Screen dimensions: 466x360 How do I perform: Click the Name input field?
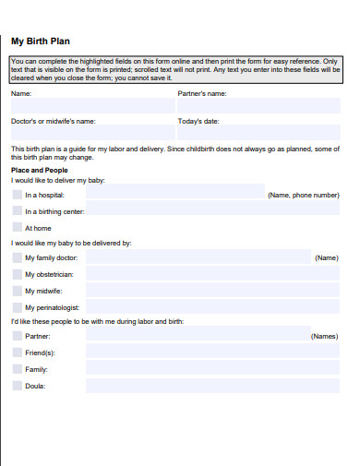click(x=90, y=106)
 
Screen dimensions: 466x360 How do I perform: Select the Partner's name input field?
click(x=259, y=106)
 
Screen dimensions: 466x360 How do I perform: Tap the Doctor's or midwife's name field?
click(x=90, y=134)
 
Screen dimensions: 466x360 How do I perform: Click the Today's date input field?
click(x=259, y=134)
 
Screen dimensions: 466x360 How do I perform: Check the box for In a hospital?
click(x=17, y=195)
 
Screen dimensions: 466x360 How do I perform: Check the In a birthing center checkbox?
click(x=17, y=210)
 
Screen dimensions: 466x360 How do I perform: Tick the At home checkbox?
click(x=17, y=227)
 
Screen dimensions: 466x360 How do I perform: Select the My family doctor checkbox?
click(x=17, y=258)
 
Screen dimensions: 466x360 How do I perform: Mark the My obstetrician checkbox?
click(x=17, y=274)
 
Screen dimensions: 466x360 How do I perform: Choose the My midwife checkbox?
click(x=17, y=291)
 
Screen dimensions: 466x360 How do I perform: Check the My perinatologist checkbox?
click(x=17, y=306)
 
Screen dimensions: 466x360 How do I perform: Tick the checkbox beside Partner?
click(x=17, y=337)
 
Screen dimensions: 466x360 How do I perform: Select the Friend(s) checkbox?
click(x=17, y=352)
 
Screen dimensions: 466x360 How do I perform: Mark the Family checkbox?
click(x=17, y=369)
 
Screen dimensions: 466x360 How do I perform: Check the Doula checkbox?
click(x=17, y=386)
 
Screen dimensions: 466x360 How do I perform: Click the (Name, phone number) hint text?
click(x=303, y=196)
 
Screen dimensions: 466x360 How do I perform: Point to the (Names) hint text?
click(x=324, y=337)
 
